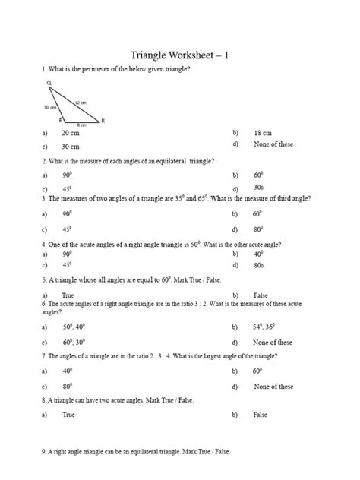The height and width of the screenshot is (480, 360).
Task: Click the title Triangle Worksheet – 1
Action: tap(179, 54)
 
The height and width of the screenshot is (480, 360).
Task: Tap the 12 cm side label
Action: tap(80, 101)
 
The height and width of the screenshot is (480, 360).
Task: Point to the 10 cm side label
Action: tap(50, 107)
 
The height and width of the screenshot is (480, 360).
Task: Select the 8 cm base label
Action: tap(81, 124)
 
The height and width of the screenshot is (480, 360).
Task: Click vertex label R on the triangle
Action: tap(103, 121)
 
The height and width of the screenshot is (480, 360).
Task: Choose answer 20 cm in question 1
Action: tap(71, 133)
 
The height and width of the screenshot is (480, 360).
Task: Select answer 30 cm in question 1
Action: tap(71, 146)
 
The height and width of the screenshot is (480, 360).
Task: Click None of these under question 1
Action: tap(273, 144)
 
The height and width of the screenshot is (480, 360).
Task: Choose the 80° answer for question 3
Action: tap(259, 228)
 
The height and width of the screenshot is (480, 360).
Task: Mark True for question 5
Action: tap(68, 294)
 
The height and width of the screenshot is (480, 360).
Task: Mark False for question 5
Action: tap(261, 294)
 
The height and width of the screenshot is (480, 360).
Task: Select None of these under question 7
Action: tap(273, 387)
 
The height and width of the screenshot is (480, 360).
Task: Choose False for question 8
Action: tap(261, 415)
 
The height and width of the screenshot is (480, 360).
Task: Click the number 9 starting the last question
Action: tap(43, 451)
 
